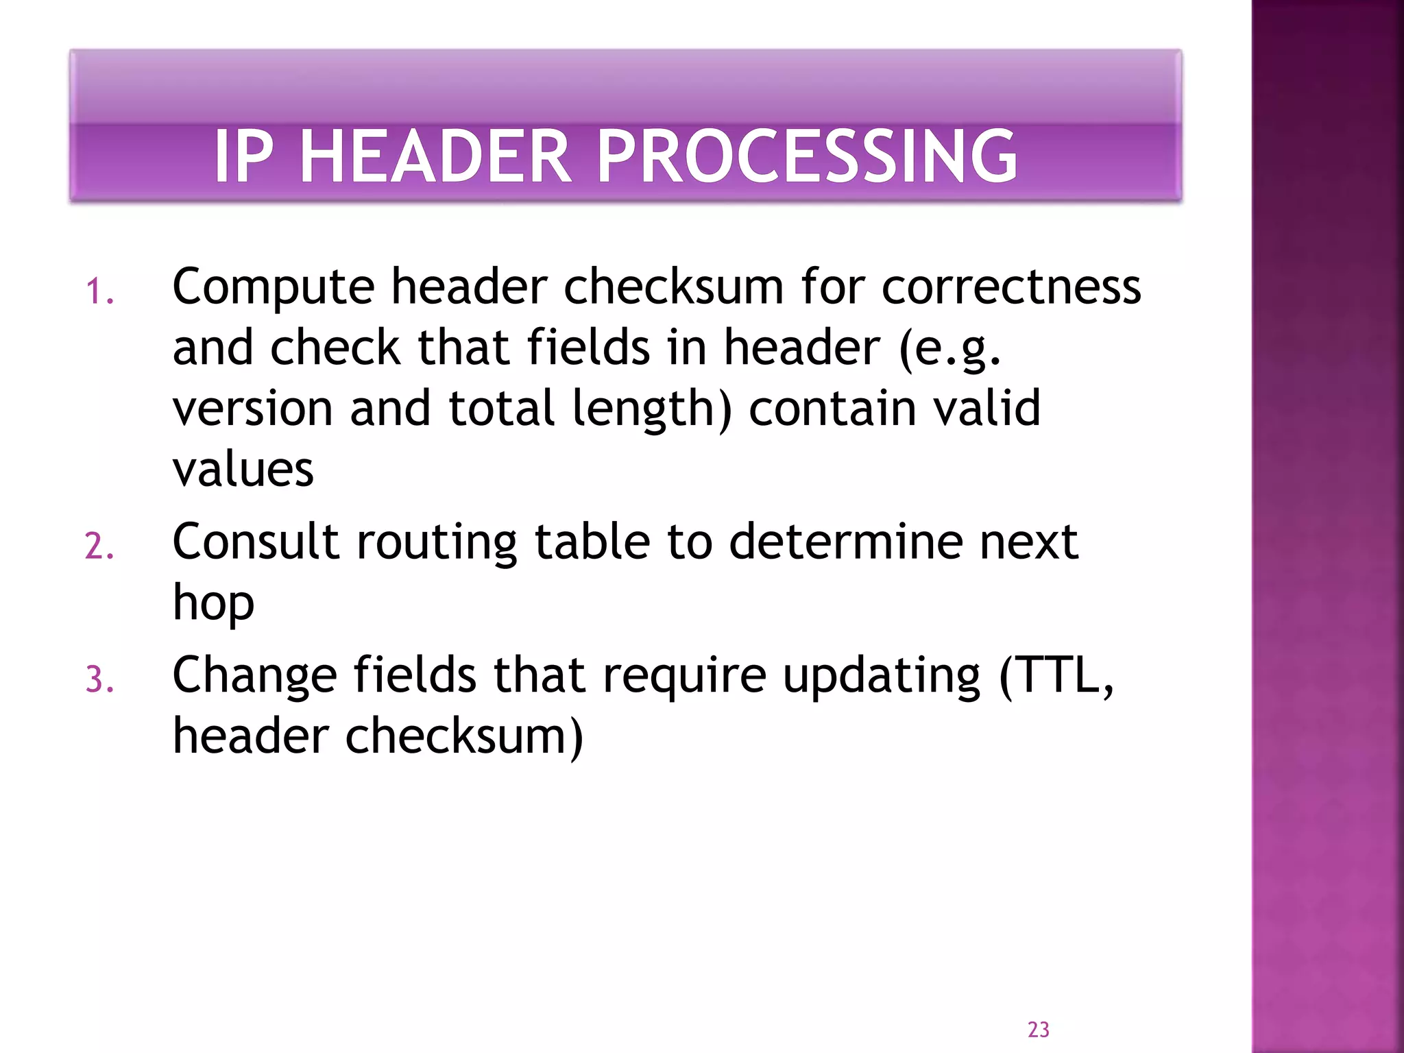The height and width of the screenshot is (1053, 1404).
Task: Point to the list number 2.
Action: pos(99,547)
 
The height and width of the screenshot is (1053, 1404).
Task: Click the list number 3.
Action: pos(99,680)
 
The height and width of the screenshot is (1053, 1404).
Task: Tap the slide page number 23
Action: pos(1038,1029)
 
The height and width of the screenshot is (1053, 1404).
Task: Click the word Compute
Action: pos(273,287)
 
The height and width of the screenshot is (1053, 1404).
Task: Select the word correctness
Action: pos(1010,287)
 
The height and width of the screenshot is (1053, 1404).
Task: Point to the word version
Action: pos(252,409)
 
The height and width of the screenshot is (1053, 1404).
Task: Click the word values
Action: pos(243,470)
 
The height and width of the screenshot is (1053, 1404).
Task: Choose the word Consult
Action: pos(256,542)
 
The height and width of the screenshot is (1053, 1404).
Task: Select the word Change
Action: pos(254,676)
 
